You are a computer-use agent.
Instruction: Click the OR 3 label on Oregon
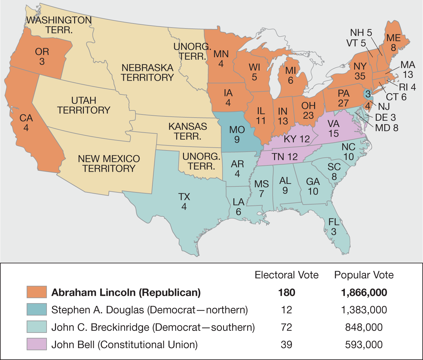pos(42,56)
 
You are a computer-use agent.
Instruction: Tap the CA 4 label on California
pos(26,123)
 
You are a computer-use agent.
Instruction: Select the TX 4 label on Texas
pos(184,201)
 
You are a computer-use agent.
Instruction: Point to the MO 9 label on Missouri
pos(237,134)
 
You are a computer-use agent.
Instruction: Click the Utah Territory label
pos(84,105)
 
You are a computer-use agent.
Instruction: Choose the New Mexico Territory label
pos(109,163)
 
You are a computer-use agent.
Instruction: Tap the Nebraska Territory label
pos(147,73)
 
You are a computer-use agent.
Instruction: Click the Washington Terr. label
pos(59,25)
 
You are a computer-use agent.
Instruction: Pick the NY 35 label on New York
pos(360,71)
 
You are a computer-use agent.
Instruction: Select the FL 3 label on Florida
pos(334,227)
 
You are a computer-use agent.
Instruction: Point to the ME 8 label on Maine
pos(393,43)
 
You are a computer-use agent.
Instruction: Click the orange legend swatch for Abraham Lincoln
pos(37,292)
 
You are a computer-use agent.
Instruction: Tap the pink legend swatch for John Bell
pos(37,344)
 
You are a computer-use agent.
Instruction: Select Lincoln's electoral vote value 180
pos(287,292)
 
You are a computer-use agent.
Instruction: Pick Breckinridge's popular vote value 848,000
pos(364,327)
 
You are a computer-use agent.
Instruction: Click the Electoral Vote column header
pos(287,275)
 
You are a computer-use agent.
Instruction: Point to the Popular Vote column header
pos(364,275)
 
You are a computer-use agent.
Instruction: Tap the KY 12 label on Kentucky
pos(297,139)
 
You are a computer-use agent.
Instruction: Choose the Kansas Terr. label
pos(188,131)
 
